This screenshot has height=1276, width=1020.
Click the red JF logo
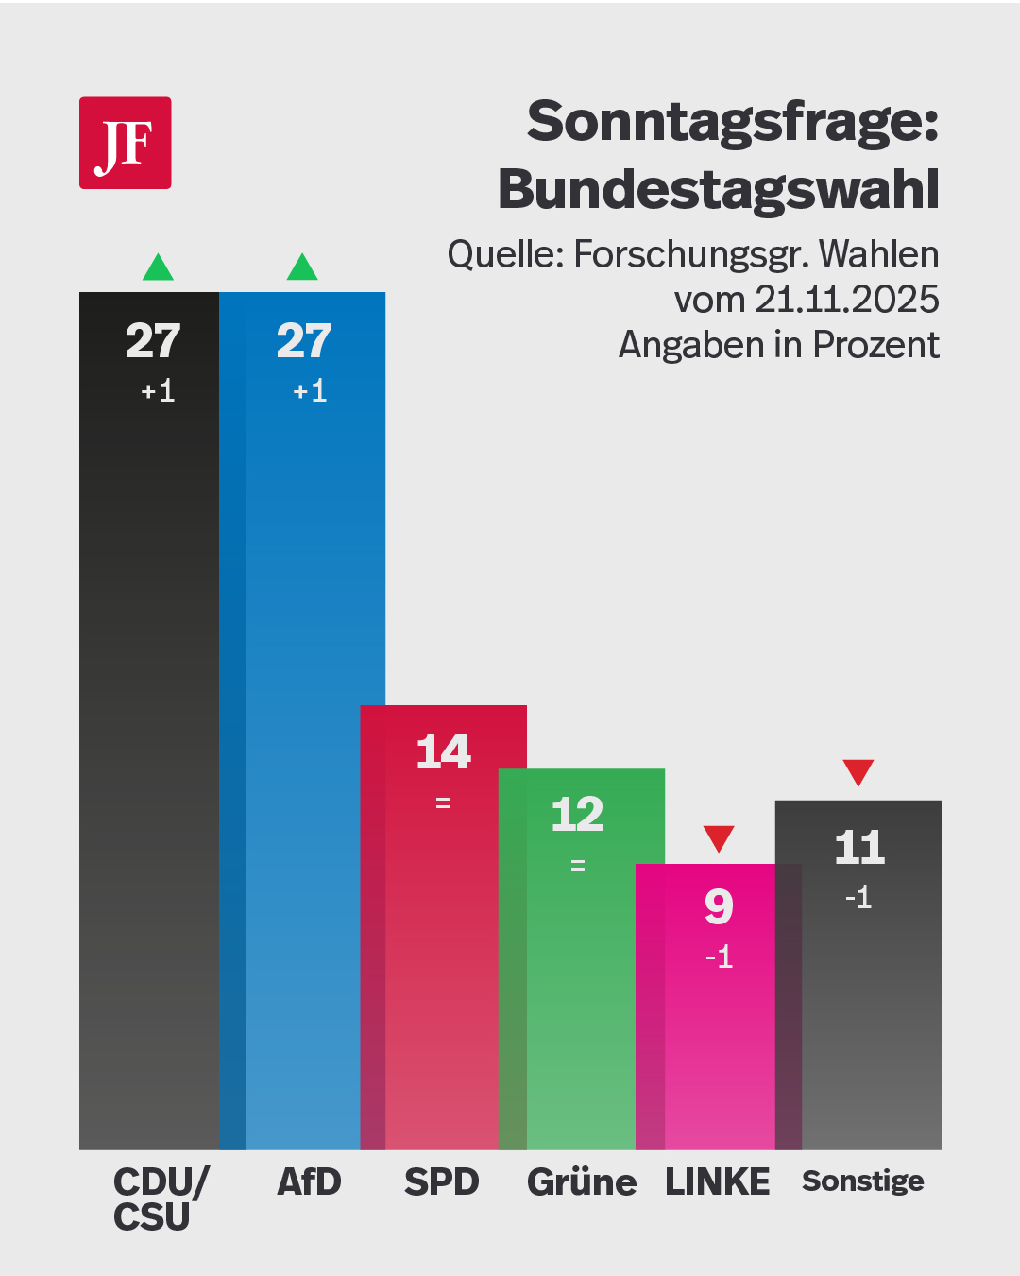[x=125, y=143]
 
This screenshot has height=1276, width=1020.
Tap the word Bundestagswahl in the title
[x=719, y=189]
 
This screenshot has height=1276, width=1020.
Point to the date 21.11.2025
[x=847, y=300]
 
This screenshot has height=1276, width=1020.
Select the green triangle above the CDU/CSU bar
[x=158, y=268]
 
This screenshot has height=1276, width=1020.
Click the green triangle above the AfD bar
[x=302, y=268]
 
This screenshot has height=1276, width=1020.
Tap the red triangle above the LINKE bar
[x=719, y=837]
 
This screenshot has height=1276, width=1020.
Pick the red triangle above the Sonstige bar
[x=858, y=771]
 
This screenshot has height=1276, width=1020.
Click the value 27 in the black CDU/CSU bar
[x=153, y=341]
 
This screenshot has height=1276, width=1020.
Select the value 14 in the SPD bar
[x=443, y=752]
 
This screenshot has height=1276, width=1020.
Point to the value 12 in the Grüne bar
[x=577, y=815]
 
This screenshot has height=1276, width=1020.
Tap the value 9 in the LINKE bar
[x=719, y=907]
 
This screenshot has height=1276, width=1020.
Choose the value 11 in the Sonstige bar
[x=859, y=847]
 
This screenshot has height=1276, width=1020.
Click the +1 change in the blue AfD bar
[x=310, y=391]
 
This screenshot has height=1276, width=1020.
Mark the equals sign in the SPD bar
[x=443, y=803]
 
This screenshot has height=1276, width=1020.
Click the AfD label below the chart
[x=309, y=1182]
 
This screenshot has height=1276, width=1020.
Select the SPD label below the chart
[x=442, y=1182]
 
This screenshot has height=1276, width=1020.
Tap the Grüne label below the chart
[x=582, y=1182]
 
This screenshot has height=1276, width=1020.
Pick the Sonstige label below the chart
[x=863, y=1181]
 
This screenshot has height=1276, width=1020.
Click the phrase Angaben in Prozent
[x=778, y=345]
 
